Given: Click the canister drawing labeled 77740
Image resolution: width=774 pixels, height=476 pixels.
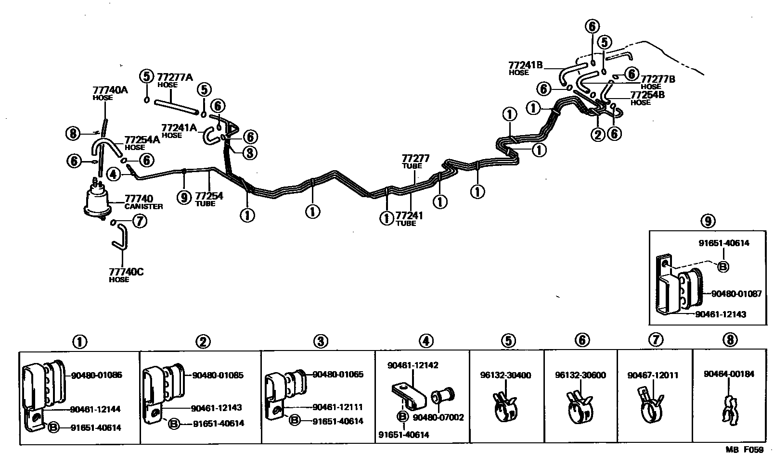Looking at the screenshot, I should (99, 200).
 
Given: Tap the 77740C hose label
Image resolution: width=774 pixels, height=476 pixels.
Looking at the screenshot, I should (126, 272).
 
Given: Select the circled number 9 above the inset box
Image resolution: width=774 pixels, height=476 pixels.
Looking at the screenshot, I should (707, 221).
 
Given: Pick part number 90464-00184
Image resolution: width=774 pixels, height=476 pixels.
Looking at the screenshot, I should (729, 374).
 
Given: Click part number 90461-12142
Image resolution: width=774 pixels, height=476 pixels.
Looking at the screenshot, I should (413, 366).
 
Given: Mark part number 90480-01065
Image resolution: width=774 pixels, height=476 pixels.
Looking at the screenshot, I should (338, 375).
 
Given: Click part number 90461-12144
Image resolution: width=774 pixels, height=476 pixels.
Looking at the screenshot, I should (95, 409).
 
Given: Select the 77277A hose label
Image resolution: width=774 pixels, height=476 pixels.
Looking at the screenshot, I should (175, 77).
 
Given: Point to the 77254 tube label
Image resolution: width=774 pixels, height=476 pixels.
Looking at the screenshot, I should (209, 196).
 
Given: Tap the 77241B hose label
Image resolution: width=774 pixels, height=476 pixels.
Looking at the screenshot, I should (526, 65).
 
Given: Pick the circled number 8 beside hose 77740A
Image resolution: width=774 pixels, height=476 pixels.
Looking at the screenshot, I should (73, 133).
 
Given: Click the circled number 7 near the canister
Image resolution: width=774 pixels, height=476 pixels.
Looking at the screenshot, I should (139, 222).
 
